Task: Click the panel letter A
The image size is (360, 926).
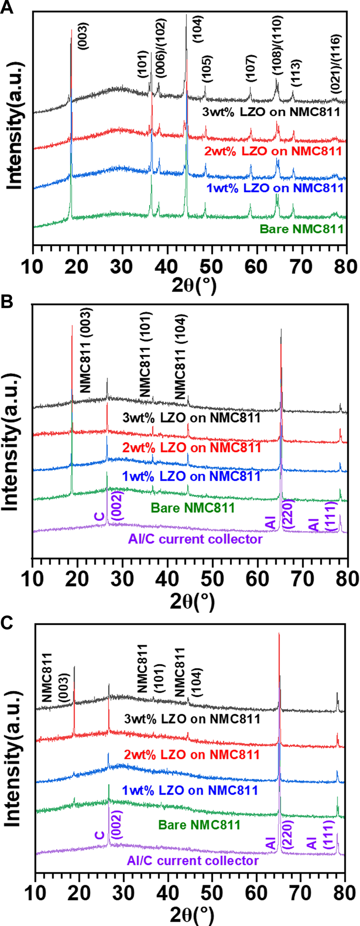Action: coord(6,7)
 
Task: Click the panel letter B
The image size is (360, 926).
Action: coord(6,303)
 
